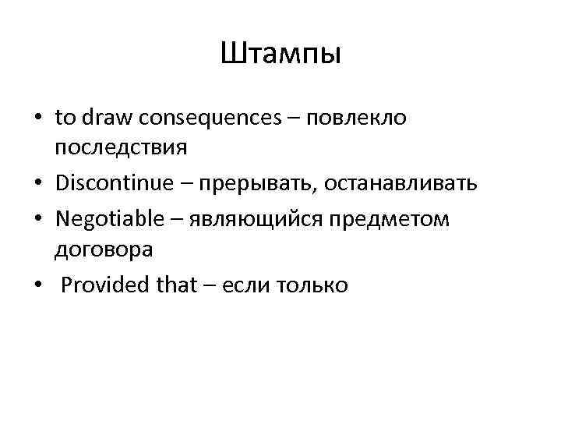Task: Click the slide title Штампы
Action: point(280,55)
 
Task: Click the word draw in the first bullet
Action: point(101,118)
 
